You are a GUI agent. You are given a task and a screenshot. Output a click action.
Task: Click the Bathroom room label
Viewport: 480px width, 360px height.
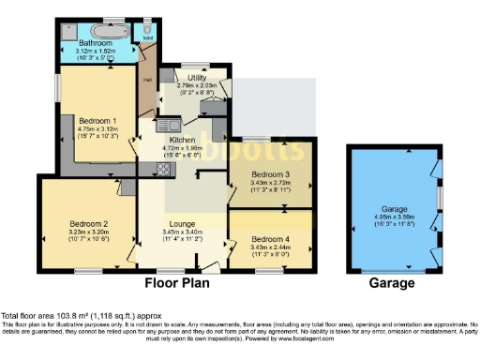tap(97, 43)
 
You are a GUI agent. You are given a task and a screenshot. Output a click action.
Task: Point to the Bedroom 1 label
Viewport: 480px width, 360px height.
tap(97, 123)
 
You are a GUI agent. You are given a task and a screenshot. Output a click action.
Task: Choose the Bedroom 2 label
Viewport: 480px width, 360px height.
tap(88, 224)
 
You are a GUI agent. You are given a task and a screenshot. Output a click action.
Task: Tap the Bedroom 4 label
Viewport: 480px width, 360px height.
tap(270, 238)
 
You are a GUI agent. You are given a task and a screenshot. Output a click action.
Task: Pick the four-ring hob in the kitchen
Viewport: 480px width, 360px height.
tap(161, 170)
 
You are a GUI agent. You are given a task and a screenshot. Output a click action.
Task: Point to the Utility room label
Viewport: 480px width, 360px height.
tap(197, 78)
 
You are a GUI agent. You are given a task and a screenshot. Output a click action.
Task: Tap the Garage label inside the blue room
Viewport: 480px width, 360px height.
tap(394, 209)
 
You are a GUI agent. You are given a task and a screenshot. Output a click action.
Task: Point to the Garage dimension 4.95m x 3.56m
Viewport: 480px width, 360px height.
tap(394, 217)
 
